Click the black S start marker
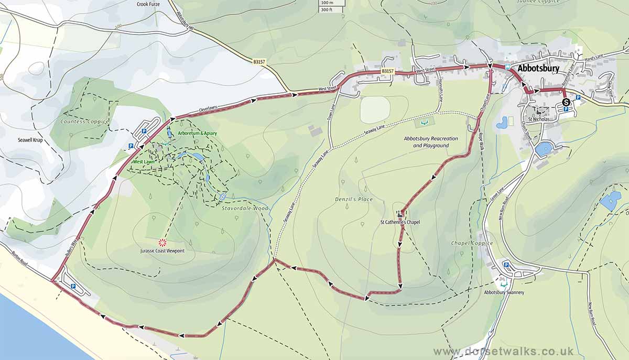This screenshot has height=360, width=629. click(x=566, y=102)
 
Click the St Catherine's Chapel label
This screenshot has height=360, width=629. click(x=400, y=222)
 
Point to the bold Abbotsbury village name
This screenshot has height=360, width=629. click(x=538, y=69)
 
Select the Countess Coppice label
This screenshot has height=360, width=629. click(x=84, y=122)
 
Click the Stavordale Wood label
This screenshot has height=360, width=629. click(x=245, y=208)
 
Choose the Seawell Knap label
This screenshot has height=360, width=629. click(x=33, y=140)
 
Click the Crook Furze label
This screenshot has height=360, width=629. click(x=148, y=4)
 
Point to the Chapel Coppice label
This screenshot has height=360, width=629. click(x=472, y=243)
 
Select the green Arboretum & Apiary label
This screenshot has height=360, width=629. click(x=197, y=134)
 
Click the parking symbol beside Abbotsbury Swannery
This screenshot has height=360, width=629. click(x=506, y=265)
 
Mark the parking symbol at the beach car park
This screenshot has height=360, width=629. click(x=73, y=286)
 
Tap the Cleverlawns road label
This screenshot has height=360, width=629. click(x=208, y=108)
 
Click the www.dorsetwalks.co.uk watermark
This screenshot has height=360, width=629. click(x=503, y=351)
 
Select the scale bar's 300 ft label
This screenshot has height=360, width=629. click(x=327, y=9)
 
